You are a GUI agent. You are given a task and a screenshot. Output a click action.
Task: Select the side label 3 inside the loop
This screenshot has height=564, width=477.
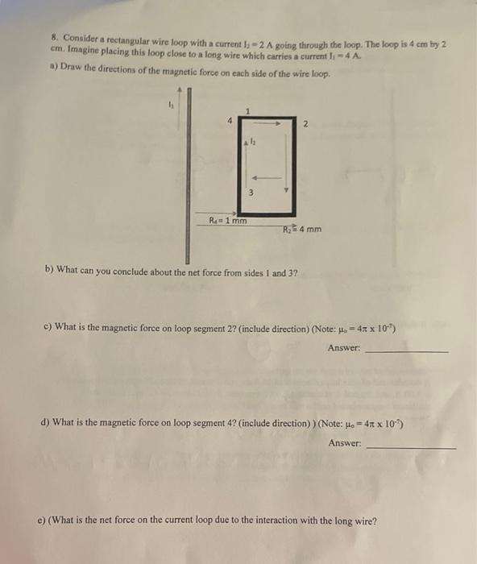pyautogui.click(x=251, y=192)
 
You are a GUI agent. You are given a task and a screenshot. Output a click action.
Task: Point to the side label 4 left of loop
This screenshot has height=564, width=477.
pyautogui.click(x=230, y=122)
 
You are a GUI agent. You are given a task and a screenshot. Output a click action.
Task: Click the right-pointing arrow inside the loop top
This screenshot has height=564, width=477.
pyautogui.click(x=266, y=123)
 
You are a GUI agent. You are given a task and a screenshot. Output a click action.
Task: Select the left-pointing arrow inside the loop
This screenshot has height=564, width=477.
pyautogui.click(x=266, y=178)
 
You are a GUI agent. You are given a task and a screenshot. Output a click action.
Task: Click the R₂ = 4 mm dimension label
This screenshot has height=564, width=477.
pyautogui.click(x=302, y=229)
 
